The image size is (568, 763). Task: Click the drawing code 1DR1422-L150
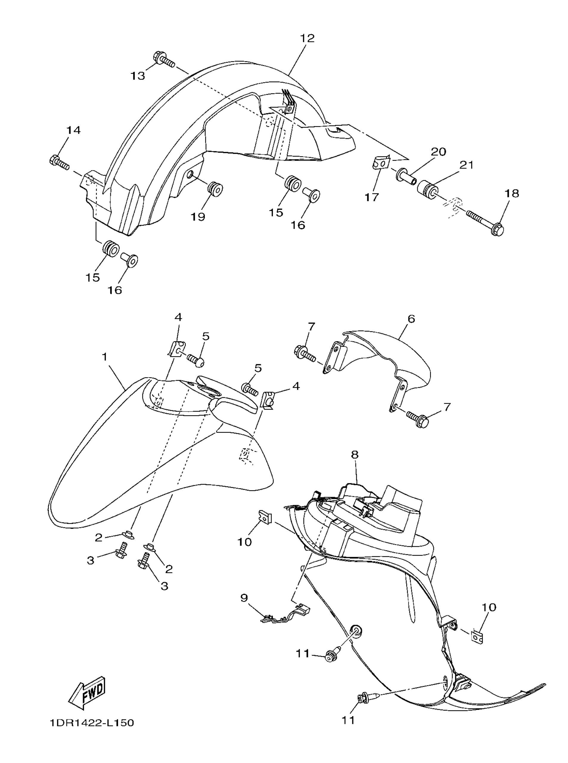(91, 723)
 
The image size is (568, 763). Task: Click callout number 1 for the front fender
(105, 357)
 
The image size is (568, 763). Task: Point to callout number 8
(355, 455)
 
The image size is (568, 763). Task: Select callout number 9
(244, 598)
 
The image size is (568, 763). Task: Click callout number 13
(138, 76)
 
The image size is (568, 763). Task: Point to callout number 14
(73, 130)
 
